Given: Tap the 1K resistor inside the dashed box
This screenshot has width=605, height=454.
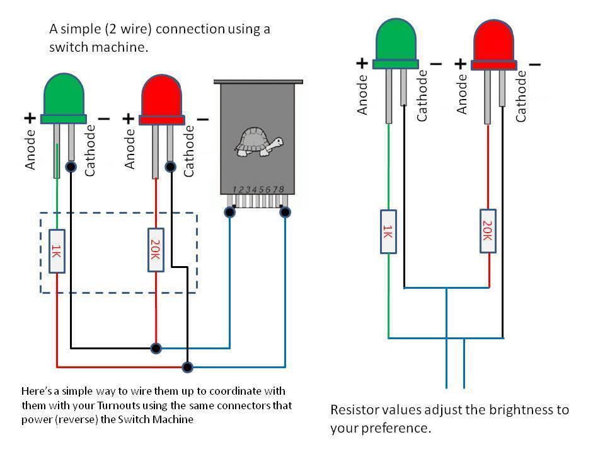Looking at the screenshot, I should (57, 252).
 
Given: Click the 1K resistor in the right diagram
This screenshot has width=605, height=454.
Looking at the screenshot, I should (388, 231).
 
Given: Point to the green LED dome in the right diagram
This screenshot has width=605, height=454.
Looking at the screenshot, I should (395, 39).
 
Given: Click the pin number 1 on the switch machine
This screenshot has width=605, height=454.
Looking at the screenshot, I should (234, 189).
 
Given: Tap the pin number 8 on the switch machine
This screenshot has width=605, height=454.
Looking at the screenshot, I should (282, 189).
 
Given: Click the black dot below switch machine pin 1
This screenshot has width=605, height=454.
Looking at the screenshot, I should (230, 212).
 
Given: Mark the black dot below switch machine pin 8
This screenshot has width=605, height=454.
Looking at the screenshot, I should (285, 212).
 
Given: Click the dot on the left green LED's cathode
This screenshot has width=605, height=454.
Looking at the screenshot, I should (71, 167).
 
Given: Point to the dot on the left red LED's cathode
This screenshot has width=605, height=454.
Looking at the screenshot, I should (170, 167).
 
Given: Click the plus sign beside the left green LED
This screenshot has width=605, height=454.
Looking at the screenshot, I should (30, 118).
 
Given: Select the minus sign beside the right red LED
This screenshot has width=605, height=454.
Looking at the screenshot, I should (534, 64).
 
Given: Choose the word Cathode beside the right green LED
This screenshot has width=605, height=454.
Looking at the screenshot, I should (422, 95).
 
